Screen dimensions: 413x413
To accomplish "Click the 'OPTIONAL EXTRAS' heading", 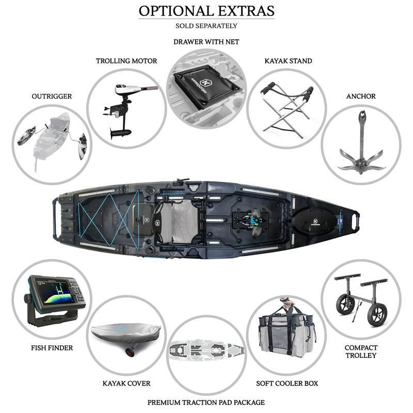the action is click(x=206, y=11).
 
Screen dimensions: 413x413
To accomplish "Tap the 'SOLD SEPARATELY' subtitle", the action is click(x=206, y=26).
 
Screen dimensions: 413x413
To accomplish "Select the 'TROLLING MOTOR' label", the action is click(x=126, y=61).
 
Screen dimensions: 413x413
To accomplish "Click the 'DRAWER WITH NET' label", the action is click(x=206, y=42).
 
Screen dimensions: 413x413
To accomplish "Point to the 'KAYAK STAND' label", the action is click(x=289, y=61).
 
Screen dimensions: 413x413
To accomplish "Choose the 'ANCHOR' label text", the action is click(x=361, y=97).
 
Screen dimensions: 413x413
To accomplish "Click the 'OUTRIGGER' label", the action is click(x=52, y=97).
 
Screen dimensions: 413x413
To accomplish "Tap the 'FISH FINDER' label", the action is click(x=52, y=348).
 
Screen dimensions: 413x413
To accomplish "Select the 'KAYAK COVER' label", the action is click(x=126, y=384).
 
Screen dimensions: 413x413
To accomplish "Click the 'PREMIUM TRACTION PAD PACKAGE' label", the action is click(x=206, y=403).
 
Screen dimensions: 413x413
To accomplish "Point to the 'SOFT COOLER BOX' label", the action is click(x=287, y=384).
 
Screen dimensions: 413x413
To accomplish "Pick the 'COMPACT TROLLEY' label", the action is click(x=361, y=352).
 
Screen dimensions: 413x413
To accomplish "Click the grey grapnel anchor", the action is click(x=362, y=148).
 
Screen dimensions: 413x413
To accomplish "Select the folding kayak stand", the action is click(x=287, y=109).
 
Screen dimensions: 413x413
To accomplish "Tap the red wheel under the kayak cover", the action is click(x=130, y=352).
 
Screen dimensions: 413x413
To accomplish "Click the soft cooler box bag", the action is click(x=287, y=335).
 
